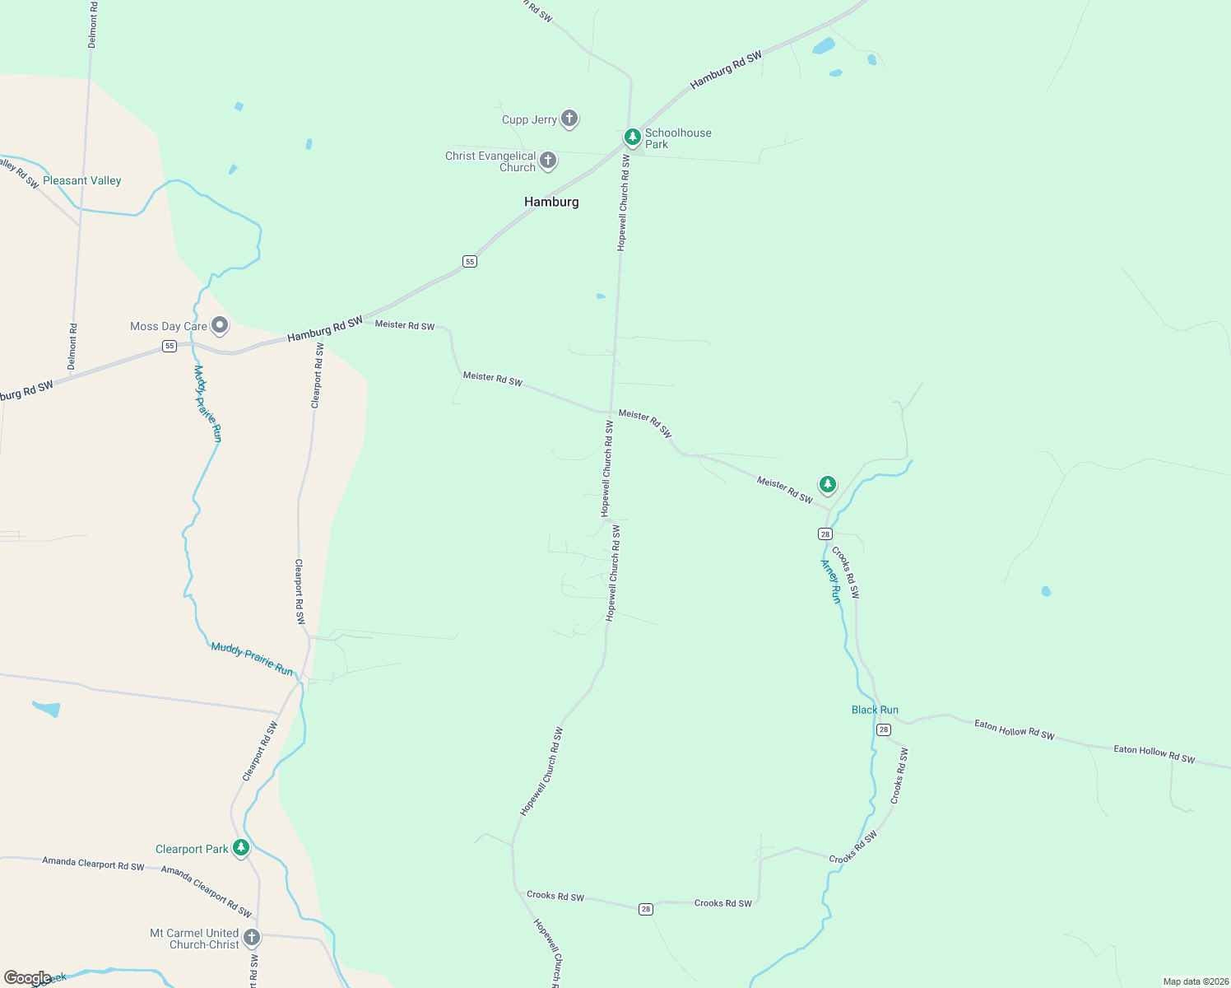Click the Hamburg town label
click(x=551, y=202)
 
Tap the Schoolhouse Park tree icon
click(x=632, y=137)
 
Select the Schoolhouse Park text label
click(x=677, y=138)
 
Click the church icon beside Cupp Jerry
click(x=569, y=119)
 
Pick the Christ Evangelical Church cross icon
click(x=548, y=160)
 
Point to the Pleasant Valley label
click(x=81, y=180)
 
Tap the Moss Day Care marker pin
click(x=220, y=325)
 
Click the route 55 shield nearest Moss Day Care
click(x=170, y=346)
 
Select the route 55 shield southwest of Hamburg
click(x=470, y=262)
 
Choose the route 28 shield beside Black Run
click(x=884, y=729)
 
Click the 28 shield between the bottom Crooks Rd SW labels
click(x=646, y=909)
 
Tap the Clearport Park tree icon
click(x=240, y=847)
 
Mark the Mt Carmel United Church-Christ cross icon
click(x=252, y=937)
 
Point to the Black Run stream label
click(x=875, y=710)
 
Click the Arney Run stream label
click(x=831, y=581)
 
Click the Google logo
click(x=27, y=978)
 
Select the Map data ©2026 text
click(x=1195, y=981)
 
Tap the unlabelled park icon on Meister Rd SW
click(x=828, y=484)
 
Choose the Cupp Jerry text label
click(x=529, y=119)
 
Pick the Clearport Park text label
click(x=192, y=849)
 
